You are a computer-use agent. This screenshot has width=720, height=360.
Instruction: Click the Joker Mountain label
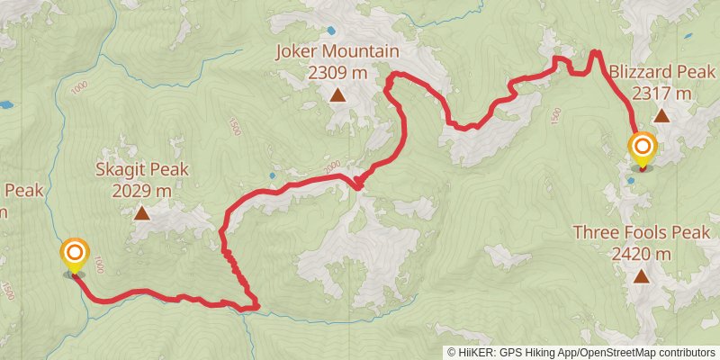click(x=337, y=52)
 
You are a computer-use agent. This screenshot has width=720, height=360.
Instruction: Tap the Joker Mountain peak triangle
click(x=337, y=94)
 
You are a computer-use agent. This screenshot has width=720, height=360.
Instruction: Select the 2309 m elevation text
click(x=337, y=71)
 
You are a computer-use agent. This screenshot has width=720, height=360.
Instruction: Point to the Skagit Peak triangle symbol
click(x=142, y=213)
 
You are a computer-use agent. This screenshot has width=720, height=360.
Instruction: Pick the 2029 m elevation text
click(x=142, y=190)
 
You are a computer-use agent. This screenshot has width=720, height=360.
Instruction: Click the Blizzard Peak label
click(x=661, y=71)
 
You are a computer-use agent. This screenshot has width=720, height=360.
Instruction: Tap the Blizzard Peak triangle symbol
click(x=661, y=114)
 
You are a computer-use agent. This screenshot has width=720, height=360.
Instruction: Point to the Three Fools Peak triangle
click(x=641, y=276)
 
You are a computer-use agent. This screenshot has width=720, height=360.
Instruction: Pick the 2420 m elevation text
click(x=641, y=253)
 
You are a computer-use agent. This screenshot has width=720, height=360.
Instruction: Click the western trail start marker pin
click(x=74, y=255)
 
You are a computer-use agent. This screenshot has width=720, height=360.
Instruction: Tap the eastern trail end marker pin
click(x=643, y=148)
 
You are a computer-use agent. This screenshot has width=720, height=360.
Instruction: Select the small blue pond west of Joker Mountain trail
click(x=272, y=175)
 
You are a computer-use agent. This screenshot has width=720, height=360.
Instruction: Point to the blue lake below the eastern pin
click(x=633, y=180)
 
